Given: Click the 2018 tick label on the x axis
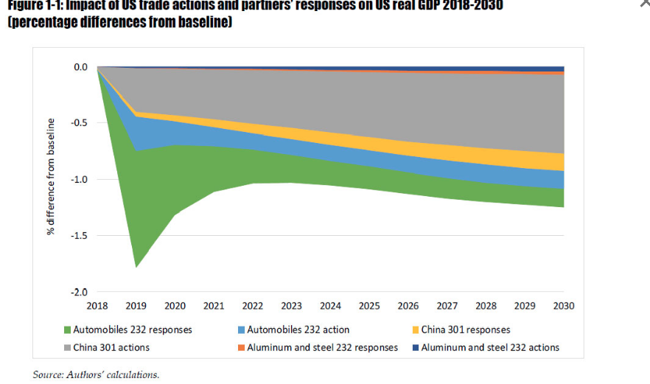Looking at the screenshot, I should (97, 305).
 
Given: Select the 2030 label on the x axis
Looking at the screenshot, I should (564, 305).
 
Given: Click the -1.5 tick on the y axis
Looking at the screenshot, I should (79, 236).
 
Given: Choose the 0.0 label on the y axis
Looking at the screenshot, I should (80, 67).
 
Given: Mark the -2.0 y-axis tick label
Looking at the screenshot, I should (79, 292).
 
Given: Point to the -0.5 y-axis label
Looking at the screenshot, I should (79, 123).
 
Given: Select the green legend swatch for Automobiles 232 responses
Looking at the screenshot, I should (66, 330).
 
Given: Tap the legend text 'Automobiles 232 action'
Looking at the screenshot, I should (298, 330).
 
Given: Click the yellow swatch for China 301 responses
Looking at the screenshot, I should (415, 330).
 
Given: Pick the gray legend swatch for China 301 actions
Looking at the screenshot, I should (66, 348).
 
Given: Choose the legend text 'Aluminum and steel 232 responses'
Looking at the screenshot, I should (322, 348).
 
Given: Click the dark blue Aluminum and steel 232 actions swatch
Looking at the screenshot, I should (415, 348).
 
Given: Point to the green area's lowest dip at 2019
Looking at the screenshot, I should (136, 266).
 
